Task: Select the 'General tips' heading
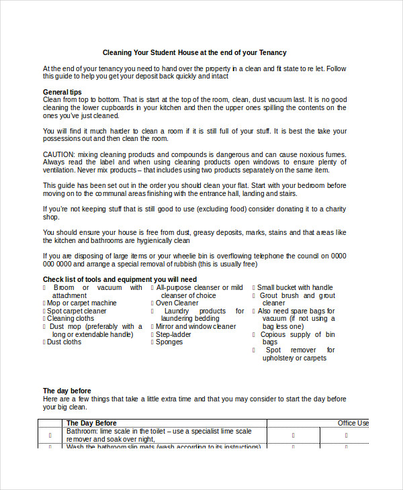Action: (x=62, y=91)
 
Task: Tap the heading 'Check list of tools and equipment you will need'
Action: (x=120, y=279)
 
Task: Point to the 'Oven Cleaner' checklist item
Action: (x=177, y=303)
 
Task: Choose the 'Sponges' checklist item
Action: (x=169, y=342)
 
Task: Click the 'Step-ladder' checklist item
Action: (x=173, y=334)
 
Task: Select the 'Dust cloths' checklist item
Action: (x=64, y=342)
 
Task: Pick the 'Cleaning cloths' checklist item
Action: (x=71, y=319)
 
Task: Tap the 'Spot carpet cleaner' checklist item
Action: (x=77, y=311)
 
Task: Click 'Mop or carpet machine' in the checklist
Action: (x=81, y=303)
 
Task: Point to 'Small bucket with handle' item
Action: (x=295, y=287)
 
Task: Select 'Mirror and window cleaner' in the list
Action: (x=195, y=326)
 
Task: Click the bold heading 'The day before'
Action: (x=67, y=391)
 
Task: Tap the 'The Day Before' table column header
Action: (x=91, y=423)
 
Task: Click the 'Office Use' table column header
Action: (x=353, y=423)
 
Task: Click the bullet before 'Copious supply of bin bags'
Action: (x=255, y=334)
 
